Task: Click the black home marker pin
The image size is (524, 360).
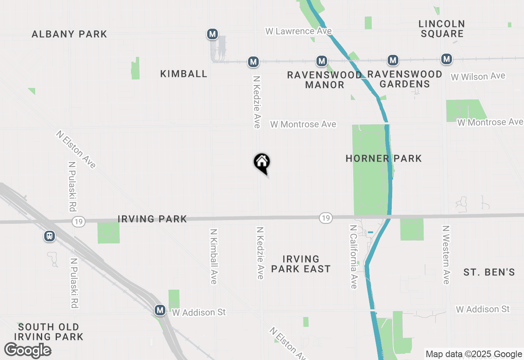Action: coord(262,163)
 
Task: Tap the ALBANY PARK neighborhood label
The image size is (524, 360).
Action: coord(70,34)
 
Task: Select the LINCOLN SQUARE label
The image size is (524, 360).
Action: coord(442,29)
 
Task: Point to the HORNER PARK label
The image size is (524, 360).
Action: coord(384,158)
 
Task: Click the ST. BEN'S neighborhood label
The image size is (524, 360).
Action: coord(489,272)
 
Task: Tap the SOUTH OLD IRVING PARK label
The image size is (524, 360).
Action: coord(49,332)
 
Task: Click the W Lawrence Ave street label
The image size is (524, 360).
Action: coord(298,31)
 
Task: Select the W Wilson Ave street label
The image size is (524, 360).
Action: coord(478,76)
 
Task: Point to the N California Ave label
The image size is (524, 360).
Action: coord(354,256)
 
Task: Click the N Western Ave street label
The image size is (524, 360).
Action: coord(446,254)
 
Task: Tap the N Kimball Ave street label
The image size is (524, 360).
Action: coord(213,256)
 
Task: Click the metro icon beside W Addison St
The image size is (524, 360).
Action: coord(160,310)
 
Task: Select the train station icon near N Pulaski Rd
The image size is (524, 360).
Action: coord(50,236)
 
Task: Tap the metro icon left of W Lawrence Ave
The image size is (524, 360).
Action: coord(212,34)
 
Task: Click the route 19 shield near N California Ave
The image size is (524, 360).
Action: coord(325,218)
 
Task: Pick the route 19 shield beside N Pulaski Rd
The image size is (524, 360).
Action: coord(78,222)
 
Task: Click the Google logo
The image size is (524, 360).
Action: coord(27,350)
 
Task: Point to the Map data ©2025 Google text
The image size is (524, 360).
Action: coord(474,354)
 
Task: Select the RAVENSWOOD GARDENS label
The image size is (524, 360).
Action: coord(404,79)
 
